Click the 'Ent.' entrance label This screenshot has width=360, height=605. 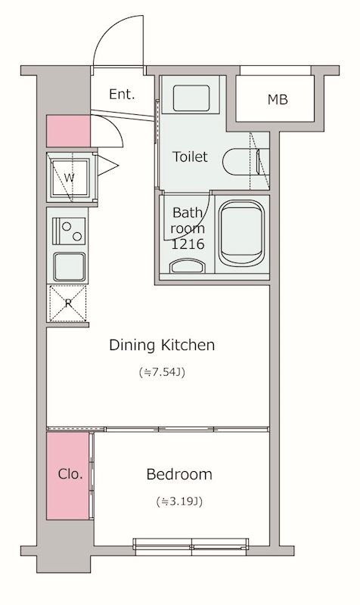pyautogui.click(x=122, y=94)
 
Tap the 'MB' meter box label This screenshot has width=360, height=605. pyautogui.click(x=278, y=100)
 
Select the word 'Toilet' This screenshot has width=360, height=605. pyautogui.click(x=189, y=157)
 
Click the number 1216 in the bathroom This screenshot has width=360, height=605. pyautogui.click(x=187, y=244)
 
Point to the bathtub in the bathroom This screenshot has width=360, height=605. pyautogui.click(x=241, y=233)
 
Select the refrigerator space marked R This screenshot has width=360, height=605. pyautogui.click(x=68, y=303)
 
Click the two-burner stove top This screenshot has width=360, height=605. pyautogui.click(x=69, y=231)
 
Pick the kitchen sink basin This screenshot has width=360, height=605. pyautogui.click(x=69, y=267)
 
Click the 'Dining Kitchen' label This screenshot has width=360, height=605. pyautogui.click(x=162, y=345)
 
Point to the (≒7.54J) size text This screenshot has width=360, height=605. pyautogui.click(x=162, y=372)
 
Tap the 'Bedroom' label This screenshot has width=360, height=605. pyautogui.click(x=179, y=474)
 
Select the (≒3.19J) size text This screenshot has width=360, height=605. pyautogui.click(x=179, y=501)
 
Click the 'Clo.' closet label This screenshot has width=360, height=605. pyautogui.click(x=70, y=474)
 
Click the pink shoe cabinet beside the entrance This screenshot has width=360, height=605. pyautogui.click(x=68, y=131)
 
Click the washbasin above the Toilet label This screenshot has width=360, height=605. pyautogui.click(x=191, y=98)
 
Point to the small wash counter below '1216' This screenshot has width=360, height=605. pyautogui.click(x=187, y=266)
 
